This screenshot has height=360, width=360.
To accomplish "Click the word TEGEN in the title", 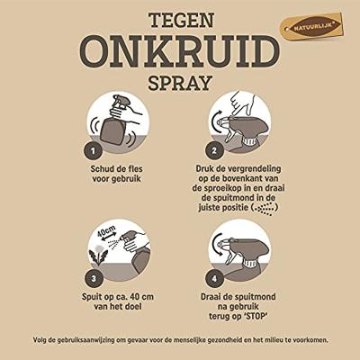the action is (x=182, y=20).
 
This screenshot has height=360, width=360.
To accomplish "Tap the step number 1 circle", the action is (x=93, y=150).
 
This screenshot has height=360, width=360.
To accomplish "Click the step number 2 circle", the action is (x=214, y=150).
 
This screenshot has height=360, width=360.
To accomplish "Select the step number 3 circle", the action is (x=94, y=279).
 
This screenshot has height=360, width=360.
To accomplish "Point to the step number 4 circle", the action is (x=214, y=279).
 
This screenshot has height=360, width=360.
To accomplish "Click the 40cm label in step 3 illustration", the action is (x=106, y=231).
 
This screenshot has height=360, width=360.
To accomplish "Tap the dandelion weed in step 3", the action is (x=98, y=255).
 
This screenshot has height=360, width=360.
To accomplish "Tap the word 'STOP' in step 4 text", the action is (x=254, y=317).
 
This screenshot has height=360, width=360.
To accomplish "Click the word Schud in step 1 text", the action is (x=103, y=169).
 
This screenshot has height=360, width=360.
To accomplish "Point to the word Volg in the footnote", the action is (x=39, y=340).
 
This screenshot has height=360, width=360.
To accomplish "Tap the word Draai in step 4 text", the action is (x=212, y=297).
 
